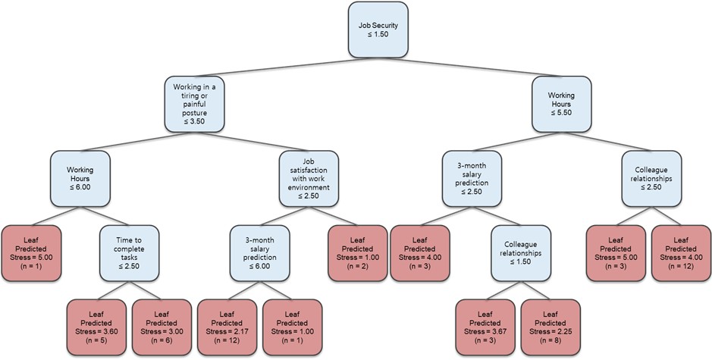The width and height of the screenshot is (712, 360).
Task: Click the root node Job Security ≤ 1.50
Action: (x=378, y=30)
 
